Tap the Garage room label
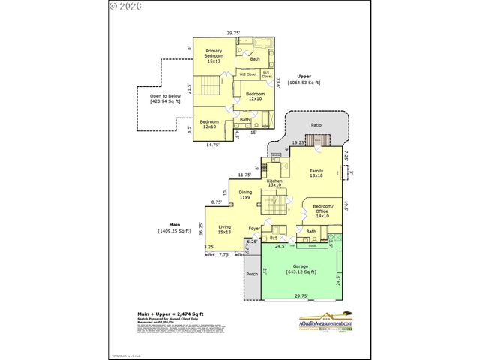pyautogui.click(x=301, y=269)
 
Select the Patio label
pyautogui.click(x=316, y=125)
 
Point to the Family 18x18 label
pyautogui.click(x=316, y=173)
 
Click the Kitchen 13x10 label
pyautogui.click(x=274, y=182)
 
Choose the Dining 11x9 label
pyautogui.click(x=245, y=194)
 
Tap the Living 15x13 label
pyautogui.click(x=224, y=229)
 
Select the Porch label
pyautogui.click(x=252, y=274)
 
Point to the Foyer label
pyautogui.click(x=254, y=228)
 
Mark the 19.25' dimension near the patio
pyautogui.click(x=298, y=142)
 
